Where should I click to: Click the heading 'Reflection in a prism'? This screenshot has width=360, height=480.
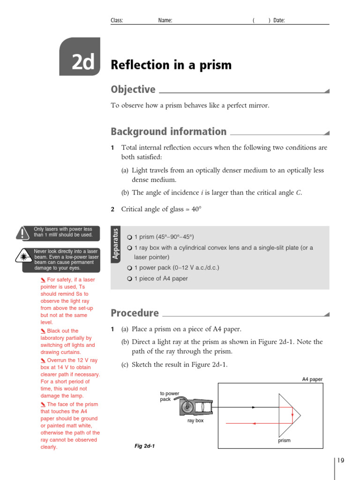click(x=171, y=65)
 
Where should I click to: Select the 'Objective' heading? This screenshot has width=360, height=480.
click(x=133, y=90)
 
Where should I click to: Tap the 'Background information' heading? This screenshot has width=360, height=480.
click(x=168, y=132)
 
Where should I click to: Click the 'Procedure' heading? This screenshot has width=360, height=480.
click(x=135, y=313)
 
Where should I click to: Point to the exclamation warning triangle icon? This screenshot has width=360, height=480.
click(x=22, y=232)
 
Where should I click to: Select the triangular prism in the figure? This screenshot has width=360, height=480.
click(x=288, y=415)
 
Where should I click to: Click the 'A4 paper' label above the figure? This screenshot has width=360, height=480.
click(x=312, y=379)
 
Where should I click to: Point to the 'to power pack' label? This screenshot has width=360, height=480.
click(x=169, y=397)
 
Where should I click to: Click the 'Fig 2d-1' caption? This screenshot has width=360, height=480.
click(x=144, y=446)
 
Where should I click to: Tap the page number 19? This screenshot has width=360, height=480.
click(x=340, y=461)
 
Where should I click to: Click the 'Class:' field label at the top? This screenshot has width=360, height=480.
click(x=117, y=21)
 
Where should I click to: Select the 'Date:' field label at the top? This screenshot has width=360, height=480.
click(x=279, y=21)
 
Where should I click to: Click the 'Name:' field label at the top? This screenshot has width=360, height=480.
click(x=165, y=21)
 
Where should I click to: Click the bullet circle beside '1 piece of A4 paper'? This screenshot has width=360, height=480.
click(x=130, y=278)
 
